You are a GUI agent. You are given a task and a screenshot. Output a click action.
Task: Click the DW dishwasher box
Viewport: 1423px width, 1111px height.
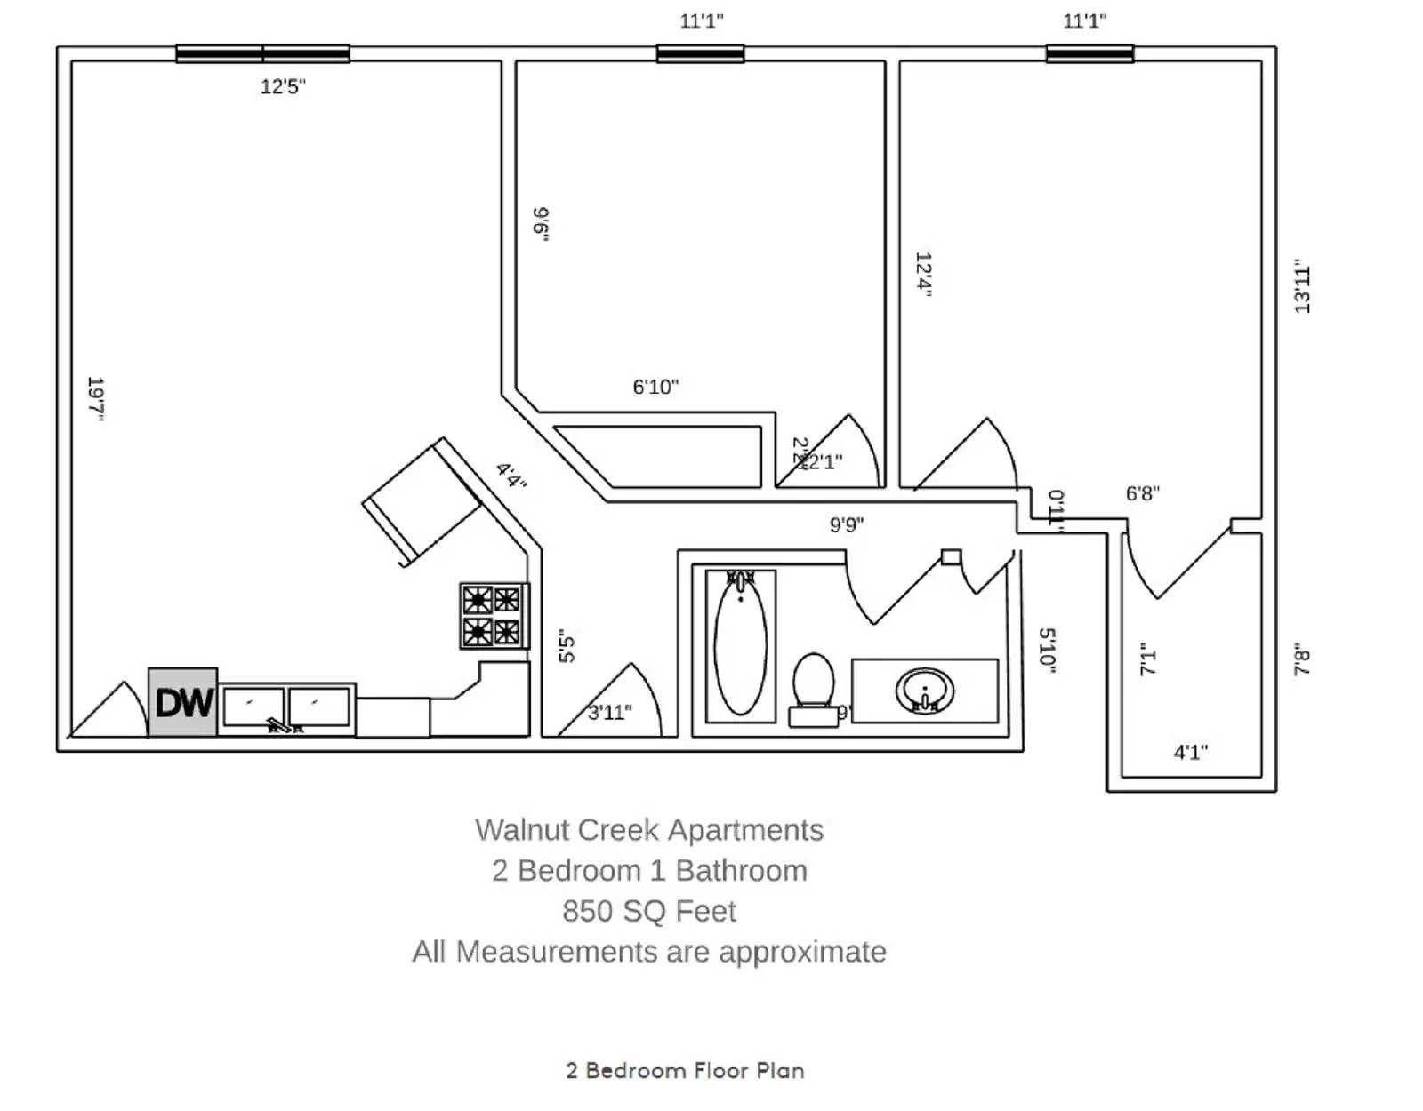pos(182,702)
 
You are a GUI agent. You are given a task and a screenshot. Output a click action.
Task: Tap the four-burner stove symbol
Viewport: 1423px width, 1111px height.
pos(493,615)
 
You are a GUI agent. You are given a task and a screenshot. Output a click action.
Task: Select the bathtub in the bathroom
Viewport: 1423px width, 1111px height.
pos(740,646)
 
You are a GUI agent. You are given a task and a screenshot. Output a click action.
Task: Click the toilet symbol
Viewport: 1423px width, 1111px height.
pos(813,689)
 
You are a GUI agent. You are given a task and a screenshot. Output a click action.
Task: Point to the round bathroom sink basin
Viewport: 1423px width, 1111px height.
pos(924,691)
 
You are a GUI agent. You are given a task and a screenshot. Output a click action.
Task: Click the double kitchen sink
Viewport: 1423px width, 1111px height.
pos(286,708)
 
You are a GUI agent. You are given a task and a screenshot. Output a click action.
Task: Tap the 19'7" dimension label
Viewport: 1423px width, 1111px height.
pos(96,398)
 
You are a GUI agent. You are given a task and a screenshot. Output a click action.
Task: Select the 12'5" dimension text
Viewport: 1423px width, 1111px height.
pos(283,86)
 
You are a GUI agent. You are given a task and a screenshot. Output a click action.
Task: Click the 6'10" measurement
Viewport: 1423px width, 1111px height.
pos(655,387)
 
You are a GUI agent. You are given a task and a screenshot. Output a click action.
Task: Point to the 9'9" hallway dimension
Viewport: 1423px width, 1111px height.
pos(847,524)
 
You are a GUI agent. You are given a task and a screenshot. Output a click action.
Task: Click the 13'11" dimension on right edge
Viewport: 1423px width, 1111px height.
pos(1302,286)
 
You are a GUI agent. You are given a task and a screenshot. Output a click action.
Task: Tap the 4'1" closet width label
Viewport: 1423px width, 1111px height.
pos(1190,753)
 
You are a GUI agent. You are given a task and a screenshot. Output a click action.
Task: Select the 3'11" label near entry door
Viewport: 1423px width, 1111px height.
pos(610,712)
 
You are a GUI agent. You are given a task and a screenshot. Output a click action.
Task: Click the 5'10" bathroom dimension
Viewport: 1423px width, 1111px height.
pos(1048,650)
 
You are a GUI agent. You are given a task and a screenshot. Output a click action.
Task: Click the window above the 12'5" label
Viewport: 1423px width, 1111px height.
pos(262,53)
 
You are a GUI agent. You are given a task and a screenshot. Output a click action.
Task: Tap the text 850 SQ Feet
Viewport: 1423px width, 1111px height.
pos(649,911)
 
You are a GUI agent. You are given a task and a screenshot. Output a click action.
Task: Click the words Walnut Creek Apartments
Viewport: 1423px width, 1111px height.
pos(649,830)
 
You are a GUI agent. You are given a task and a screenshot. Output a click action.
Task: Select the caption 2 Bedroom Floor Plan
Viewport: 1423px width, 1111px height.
pos(685,1070)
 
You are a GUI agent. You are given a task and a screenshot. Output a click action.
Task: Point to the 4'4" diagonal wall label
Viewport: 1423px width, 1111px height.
pos(511,476)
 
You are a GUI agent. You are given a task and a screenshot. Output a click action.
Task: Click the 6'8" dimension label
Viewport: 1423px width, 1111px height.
pos(1142,493)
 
